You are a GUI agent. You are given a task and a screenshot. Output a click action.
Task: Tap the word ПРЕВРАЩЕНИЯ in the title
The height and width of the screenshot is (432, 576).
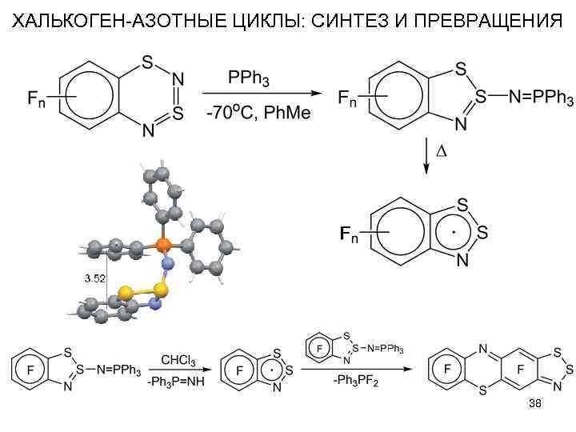point(482,19)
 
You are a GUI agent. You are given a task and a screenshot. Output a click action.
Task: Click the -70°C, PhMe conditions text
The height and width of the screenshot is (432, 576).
point(258,113)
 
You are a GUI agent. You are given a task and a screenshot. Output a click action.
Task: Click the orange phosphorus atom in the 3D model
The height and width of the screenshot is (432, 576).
point(162,242)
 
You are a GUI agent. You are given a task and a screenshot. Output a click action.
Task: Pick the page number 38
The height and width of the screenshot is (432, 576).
point(535,404)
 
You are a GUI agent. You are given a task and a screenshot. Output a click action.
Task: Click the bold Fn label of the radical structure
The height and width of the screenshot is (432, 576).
point(350,234)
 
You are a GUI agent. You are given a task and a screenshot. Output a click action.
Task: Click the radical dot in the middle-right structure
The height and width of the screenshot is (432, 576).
point(454,233)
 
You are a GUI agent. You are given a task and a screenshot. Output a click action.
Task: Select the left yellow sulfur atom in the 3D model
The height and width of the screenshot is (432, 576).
point(126,292)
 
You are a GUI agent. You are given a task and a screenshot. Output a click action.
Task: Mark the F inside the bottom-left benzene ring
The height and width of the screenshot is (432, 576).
point(31,370)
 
